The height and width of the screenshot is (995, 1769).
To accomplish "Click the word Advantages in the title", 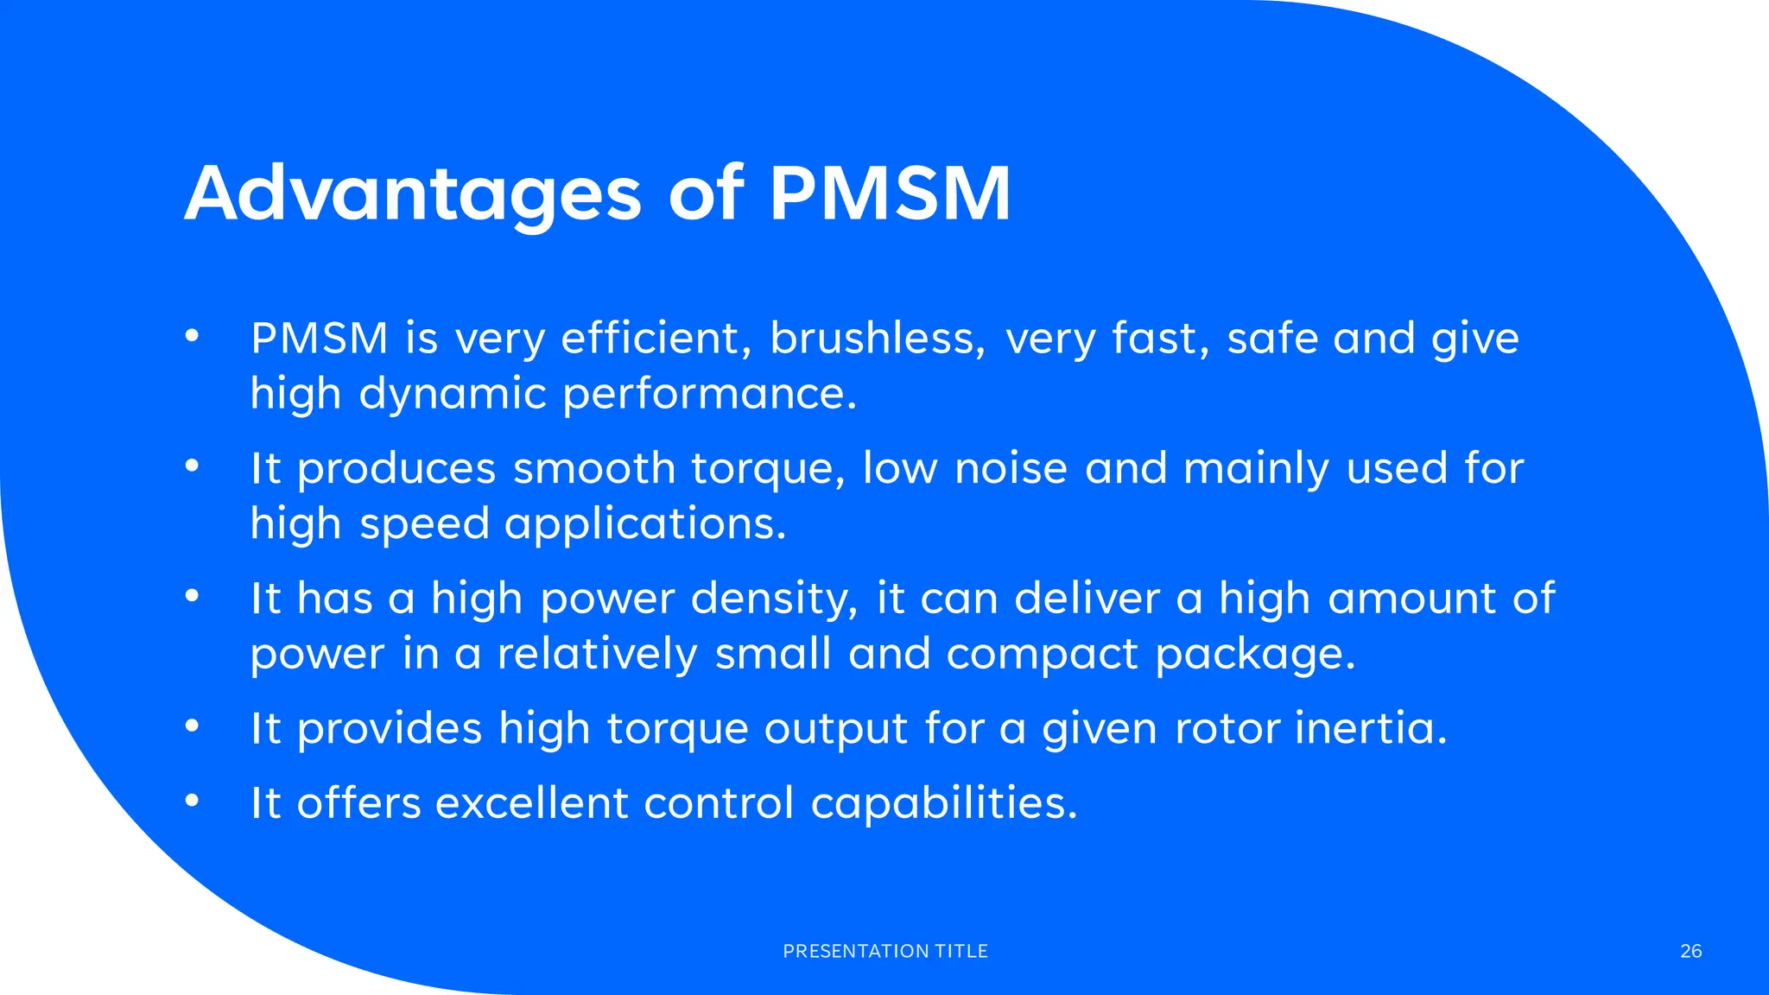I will (x=413, y=194).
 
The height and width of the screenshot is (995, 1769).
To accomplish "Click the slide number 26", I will (x=1690, y=951).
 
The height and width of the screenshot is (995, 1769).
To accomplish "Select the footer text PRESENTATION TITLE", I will (x=885, y=951).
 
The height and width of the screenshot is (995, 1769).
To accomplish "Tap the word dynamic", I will (x=453, y=395).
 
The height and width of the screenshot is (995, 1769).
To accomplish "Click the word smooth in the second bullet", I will (x=594, y=468).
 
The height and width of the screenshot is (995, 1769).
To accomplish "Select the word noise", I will (x=1011, y=468).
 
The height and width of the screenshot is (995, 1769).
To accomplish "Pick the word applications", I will (x=645, y=524).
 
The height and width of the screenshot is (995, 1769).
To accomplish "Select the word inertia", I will (x=1371, y=728).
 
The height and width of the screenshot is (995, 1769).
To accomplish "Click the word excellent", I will (x=531, y=802).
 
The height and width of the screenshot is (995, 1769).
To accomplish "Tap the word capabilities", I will (x=944, y=804).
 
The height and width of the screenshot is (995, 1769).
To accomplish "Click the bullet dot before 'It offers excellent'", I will (x=192, y=802).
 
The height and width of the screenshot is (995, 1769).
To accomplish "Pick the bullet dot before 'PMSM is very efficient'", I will (x=192, y=337).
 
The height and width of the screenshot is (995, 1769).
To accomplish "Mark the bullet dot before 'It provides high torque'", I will (x=192, y=727).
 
